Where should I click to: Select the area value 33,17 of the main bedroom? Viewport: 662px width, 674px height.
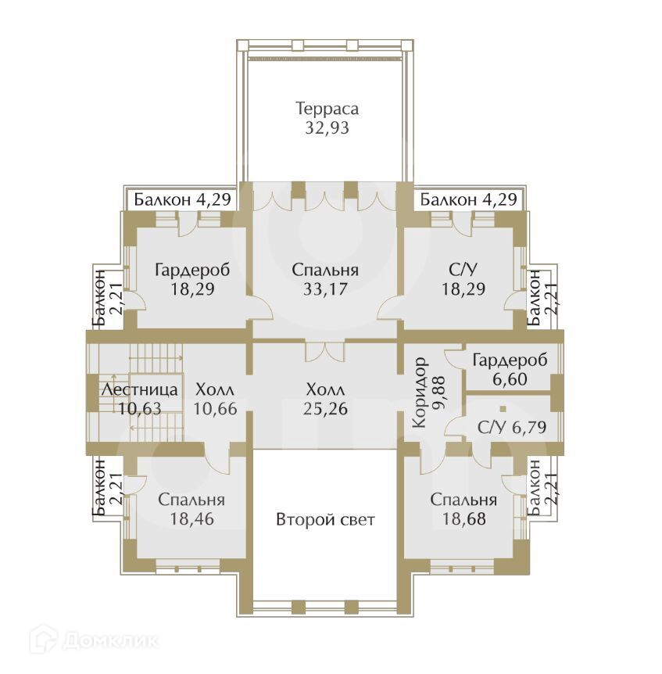pyautogui.click(x=325, y=289)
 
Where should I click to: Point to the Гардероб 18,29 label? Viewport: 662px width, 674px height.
pyautogui.click(x=192, y=279)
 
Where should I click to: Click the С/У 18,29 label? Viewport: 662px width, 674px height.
pyautogui.click(x=463, y=279)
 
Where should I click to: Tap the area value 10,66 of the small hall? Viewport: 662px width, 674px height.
pyautogui.click(x=214, y=407)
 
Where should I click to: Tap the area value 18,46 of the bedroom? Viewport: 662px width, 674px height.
pyautogui.click(x=191, y=518)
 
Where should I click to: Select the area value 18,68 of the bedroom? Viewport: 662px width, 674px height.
pyautogui.click(x=463, y=518)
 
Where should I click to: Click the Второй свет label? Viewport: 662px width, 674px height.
pyautogui.click(x=325, y=519)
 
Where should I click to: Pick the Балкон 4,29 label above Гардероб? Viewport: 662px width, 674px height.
pyautogui.click(x=182, y=199)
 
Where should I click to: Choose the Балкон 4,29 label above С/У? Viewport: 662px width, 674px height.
pyautogui.click(x=468, y=199)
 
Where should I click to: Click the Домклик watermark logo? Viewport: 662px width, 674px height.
pyautogui.click(x=94, y=640)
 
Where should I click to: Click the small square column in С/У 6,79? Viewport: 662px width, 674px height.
pyautogui.click(x=504, y=408)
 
